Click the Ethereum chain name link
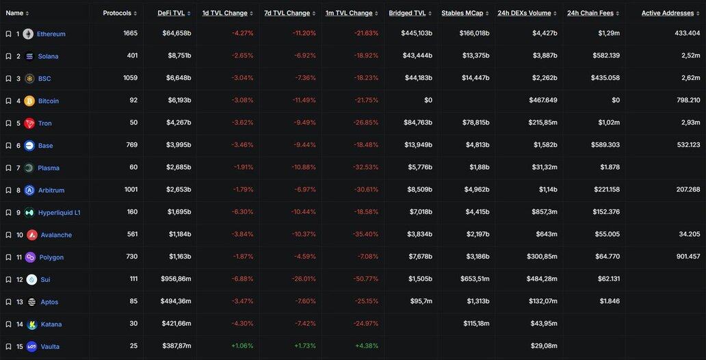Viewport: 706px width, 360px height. (x=51, y=34)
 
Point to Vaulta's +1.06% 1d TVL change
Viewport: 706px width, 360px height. (x=241, y=346)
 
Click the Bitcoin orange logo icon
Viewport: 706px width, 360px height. (x=29, y=101)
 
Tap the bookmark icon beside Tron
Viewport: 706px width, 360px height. (x=8, y=123)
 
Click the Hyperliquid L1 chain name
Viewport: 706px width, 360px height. (x=60, y=212)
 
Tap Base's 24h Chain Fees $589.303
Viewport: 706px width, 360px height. (x=603, y=145)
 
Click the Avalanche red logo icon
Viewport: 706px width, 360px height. (x=32, y=235)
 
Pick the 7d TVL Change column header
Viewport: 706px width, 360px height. (x=287, y=13)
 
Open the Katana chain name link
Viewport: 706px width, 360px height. (x=51, y=324)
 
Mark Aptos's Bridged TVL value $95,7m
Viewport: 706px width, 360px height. (x=420, y=302)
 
